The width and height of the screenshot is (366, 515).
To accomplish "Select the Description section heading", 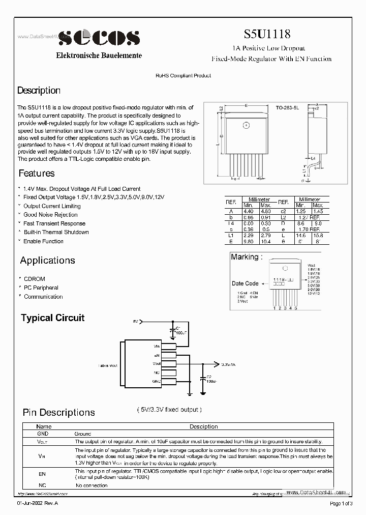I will (x=39, y=91).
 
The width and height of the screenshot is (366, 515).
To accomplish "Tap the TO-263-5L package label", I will (x=288, y=108).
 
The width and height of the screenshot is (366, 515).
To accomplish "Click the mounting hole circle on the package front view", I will (x=246, y=125).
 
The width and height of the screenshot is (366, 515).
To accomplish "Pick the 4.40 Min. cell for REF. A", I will (x=248, y=211).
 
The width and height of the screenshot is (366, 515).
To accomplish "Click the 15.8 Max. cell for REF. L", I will (x=318, y=236).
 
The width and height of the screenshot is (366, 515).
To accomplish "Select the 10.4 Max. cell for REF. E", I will (x=265, y=242).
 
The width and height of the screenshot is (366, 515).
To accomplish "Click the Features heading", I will (x=37, y=173).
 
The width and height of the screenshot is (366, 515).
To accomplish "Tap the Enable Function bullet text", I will (x=43, y=241).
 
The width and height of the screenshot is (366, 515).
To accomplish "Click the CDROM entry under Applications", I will (x=34, y=279).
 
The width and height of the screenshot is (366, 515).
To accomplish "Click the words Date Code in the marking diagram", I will (x=245, y=283).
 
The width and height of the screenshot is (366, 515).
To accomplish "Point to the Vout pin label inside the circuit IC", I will (x=157, y=364).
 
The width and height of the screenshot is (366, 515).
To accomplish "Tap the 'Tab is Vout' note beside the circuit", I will (x=108, y=365).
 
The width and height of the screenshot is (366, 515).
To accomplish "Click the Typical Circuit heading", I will (x=52, y=318).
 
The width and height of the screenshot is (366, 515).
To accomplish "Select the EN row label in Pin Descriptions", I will (x=42, y=473).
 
